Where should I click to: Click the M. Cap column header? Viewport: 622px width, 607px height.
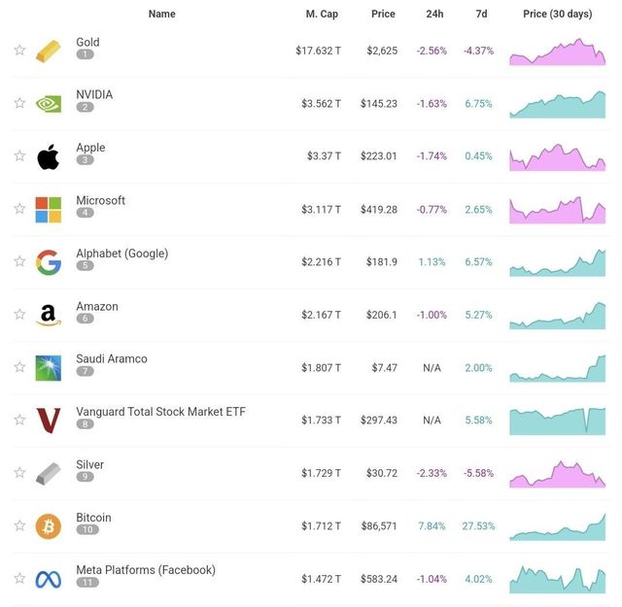(321, 14)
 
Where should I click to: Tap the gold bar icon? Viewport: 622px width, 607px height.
(48, 51)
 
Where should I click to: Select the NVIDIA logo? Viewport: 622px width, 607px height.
(48, 103)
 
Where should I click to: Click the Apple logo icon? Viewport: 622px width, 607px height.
(48, 156)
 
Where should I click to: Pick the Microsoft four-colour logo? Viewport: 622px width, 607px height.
(48, 209)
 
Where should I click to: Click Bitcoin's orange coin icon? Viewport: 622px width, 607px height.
(48, 526)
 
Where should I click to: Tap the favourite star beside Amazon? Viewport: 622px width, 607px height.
(19, 315)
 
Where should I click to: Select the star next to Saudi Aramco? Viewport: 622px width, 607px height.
(19, 367)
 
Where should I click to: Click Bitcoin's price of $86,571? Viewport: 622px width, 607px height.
(377, 526)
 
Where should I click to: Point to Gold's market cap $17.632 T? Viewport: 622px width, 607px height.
(319, 51)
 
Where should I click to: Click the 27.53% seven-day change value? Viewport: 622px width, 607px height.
(478, 526)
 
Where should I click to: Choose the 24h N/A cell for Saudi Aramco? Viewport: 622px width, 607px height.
(432, 368)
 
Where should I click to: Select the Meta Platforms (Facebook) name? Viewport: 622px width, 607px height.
(146, 570)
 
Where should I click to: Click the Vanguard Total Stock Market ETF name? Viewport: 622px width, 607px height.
(160, 412)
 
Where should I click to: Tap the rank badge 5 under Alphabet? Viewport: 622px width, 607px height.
(86, 266)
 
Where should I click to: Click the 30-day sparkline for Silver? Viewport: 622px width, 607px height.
(557, 473)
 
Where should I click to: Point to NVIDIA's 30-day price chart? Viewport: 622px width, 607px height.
(557, 104)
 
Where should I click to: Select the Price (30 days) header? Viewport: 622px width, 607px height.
(557, 14)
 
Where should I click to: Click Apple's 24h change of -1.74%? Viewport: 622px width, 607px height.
(432, 156)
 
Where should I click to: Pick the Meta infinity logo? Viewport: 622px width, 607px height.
(48, 580)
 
